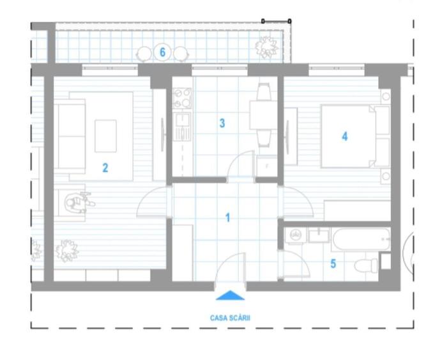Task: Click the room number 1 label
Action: click(228, 217)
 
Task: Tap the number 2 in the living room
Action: click(105, 168)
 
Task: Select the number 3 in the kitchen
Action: click(222, 123)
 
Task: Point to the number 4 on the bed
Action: click(345, 136)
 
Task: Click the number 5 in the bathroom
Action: click(333, 263)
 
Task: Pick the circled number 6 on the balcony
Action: click(163, 52)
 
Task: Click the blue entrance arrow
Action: click(230, 295)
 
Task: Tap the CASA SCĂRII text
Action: click(230, 317)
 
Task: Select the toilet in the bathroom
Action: click(368, 263)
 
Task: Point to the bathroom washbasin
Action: click(317, 236)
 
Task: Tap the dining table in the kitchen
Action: click(263, 116)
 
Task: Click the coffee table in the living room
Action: click(105, 136)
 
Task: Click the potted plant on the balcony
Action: click(266, 47)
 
